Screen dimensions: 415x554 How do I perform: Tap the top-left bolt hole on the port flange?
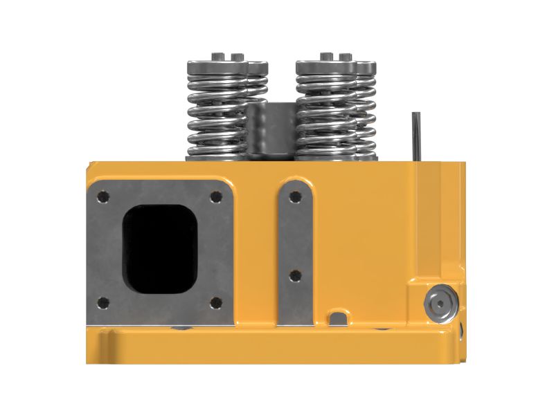[x=103, y=199]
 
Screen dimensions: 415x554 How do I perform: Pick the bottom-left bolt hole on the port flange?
[x=103, y=302]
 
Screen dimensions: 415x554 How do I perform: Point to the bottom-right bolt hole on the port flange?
[x=215, y=302]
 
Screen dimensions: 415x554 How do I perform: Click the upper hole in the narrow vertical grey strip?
[x=296, y=197]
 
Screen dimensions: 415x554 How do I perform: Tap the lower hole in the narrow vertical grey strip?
[x=296, y=275]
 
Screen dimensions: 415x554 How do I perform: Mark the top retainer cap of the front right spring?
[x=325, y=66]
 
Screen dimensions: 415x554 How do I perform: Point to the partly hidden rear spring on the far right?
[x=367, y=111]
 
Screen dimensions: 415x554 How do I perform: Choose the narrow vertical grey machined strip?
[x=296, y=249]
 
